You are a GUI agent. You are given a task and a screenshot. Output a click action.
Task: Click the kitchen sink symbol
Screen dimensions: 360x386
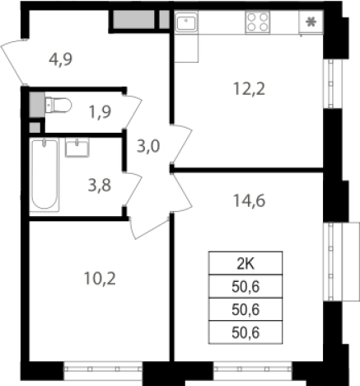[x=186, y=21]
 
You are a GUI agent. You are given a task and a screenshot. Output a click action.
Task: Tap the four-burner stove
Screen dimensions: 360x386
[x=257, y=22]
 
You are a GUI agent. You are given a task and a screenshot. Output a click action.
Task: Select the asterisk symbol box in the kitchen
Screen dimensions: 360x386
[x=311, y=22]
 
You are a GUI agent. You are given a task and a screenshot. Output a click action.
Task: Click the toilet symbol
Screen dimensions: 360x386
[x=58, y=105]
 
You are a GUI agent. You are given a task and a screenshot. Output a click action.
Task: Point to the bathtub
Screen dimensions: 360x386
[x=44, y=175]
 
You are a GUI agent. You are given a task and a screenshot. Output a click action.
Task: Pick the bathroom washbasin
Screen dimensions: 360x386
[x=77, y=148]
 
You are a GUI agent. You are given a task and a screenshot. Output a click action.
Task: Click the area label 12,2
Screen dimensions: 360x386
[x=249, y=89]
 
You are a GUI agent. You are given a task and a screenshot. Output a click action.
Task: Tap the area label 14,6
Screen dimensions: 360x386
[x=249, y=200]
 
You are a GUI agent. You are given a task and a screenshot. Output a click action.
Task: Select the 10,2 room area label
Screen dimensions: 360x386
[x=100, y=279]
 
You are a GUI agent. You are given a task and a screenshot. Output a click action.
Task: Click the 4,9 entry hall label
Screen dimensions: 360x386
[x=61, y=59]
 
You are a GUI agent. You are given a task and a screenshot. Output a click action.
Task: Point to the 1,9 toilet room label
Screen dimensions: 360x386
[x=100, y=112]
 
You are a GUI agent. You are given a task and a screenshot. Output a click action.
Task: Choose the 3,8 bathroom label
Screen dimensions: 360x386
[x=100, y=185]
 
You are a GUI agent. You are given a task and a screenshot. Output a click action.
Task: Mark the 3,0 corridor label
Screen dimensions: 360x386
[x=148, y=146]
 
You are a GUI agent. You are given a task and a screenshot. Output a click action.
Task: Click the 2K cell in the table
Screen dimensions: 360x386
[x=245, y=263]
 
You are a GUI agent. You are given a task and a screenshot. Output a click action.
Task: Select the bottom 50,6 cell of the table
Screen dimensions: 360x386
[x=245, y=332]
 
